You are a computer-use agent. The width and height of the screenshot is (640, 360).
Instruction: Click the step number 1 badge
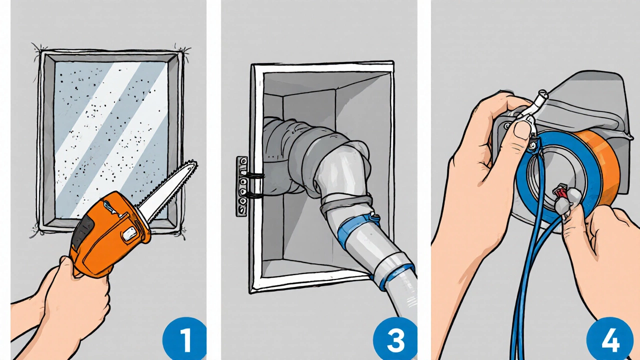tap(185, 339)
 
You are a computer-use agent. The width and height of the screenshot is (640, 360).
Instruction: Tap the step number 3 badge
tap(395, 339)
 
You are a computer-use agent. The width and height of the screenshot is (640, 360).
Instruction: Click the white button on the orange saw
tap(130, 235)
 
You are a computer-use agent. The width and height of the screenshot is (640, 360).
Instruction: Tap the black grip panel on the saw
tap(83, 231)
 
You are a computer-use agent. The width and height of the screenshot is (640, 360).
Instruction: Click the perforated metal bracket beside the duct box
tap(241, 186)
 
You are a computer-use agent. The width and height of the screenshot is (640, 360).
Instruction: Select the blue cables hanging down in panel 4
tap(528, 257)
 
